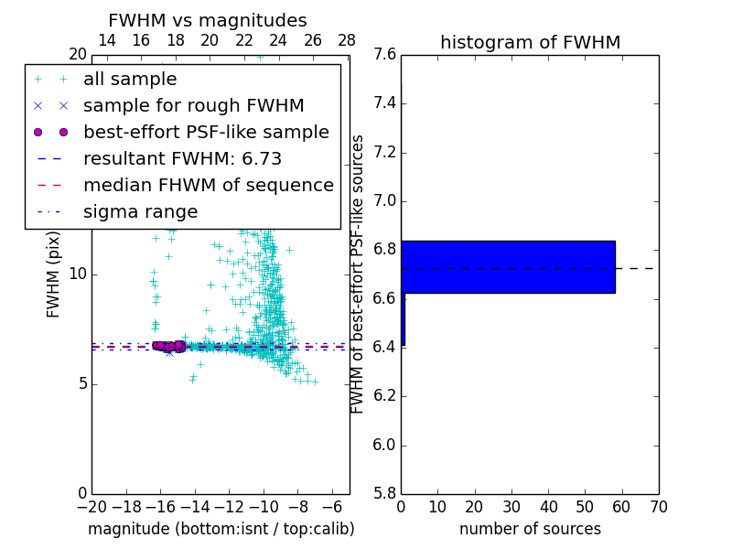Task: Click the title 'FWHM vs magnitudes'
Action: click(x=207, y=21)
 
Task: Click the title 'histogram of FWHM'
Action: click(x=530, y=42)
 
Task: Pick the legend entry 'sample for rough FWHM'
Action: click(x=193, y=106)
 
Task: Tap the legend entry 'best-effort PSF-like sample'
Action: click(x=206, y=133)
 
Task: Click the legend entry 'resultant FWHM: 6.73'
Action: click(x=182, y=159)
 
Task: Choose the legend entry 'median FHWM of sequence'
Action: click(x=208, y=186)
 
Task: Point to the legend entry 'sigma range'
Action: click(x=140, y=212)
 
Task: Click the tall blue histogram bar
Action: click(x=508, y=267)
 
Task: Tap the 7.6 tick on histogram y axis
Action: click(x=384, y=55)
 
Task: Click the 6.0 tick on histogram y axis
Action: click(x=384, y=445)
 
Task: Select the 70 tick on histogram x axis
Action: click(x=658, y=507)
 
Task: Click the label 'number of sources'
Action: click(x=530, y=529)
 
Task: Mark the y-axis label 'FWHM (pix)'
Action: click(x=54, y=274)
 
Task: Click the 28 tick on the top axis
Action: click(x=347, y=40)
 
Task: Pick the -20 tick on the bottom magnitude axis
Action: click(x=91, y=507)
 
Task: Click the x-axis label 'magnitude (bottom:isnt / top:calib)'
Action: click(x=221, y=529)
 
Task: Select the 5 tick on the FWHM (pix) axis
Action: click(x=81, y=383)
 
